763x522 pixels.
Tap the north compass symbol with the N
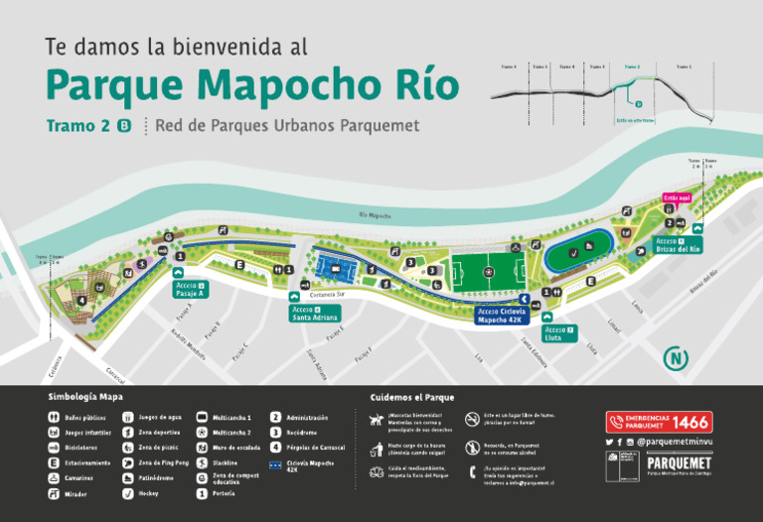677,358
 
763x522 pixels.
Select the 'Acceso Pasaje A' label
190,290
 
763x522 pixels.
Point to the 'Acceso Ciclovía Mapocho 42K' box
500,316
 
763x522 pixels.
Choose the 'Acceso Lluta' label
558,333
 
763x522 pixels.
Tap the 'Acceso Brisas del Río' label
677,245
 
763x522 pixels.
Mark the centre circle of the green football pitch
487,270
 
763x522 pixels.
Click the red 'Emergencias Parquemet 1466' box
659,422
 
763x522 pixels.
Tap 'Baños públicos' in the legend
84,417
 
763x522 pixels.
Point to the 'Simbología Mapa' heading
85,397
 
